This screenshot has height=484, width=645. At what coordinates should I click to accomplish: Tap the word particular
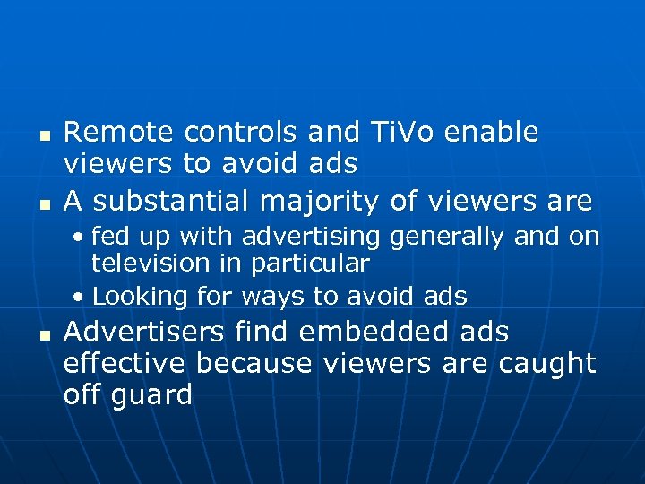(x=312, y=264)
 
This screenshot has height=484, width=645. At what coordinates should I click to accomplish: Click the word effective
(x=125, y=363)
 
